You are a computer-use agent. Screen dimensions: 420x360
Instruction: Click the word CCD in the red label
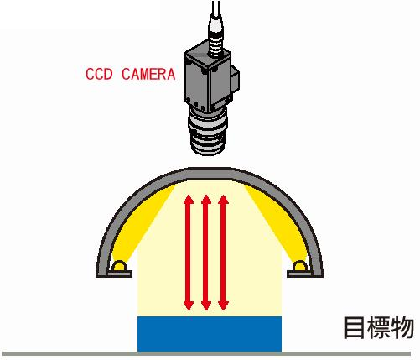tap(99, 74)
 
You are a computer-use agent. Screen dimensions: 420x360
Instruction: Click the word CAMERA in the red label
tap(148, 74)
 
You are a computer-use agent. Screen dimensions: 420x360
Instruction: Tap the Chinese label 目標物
tap(378, 327)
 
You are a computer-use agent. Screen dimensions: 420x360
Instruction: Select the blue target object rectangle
tap(210, 334)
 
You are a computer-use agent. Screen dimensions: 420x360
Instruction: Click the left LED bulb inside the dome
tap(120, 265)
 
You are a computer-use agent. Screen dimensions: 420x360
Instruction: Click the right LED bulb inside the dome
tap(299, 265)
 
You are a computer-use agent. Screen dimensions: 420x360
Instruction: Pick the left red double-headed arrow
tap(189, 253)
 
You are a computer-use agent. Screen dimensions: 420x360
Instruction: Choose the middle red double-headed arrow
tap(206, 253)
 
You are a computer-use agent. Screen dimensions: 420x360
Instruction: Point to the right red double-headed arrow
tap(223, 253)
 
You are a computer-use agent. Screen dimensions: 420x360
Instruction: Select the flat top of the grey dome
tap(210, 173)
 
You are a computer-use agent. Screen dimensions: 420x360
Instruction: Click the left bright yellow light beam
tap(143, 221)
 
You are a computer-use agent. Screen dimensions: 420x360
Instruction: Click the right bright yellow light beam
tap(277, 221)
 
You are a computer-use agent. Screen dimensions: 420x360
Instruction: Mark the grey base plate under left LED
tap(120, 274)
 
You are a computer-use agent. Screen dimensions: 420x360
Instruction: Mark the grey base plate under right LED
tap(299, 274)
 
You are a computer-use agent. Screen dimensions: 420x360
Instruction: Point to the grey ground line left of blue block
tap(69, 353)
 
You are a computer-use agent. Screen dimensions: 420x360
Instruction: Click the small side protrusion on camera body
tap(236, 79)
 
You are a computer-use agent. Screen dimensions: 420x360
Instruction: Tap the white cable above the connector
tap(215, 8)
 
